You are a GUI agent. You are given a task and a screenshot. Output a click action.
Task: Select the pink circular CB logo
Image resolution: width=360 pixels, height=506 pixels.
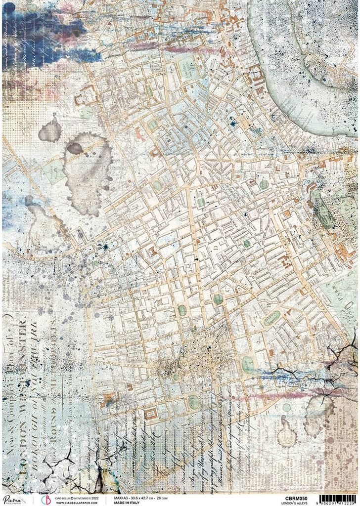click(x=42, y=499)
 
